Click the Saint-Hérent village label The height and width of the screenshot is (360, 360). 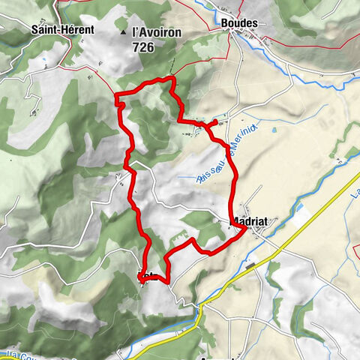(x=62, y=29)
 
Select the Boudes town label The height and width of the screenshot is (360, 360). (x=239, y=23)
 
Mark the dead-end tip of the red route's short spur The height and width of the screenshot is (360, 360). (x=216, y=121)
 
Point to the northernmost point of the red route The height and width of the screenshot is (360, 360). (x=172, y=78)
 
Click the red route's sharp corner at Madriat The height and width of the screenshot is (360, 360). (x=246, y=230)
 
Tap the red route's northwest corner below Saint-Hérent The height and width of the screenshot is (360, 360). (x=115, y=94)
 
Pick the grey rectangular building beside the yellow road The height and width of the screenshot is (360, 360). (x=251, y=264)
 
